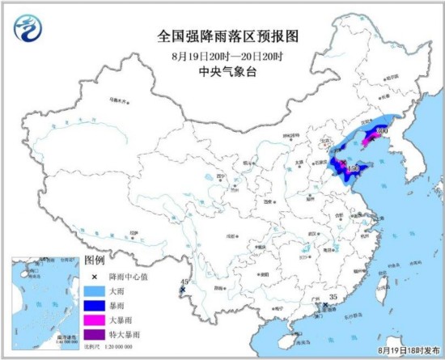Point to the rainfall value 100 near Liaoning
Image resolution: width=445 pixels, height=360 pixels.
[x=383, y=130]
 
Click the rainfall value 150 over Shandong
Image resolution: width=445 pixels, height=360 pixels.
[x=353, y=169]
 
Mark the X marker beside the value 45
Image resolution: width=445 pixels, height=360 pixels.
[x=183, y=290]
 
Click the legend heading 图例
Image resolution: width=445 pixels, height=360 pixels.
[x=95, y=260]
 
